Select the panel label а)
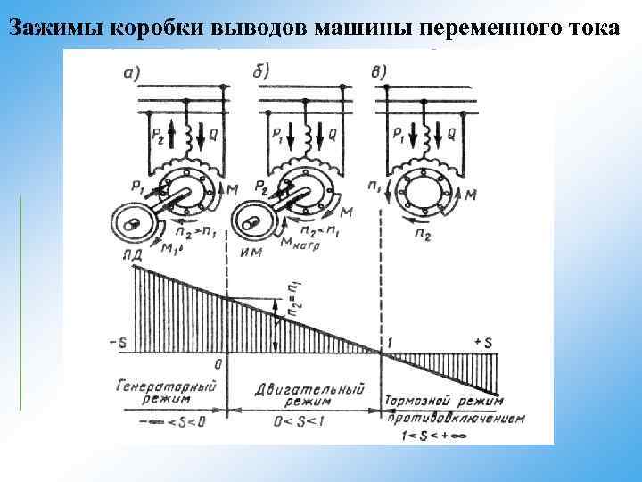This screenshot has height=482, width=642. (136, 74)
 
